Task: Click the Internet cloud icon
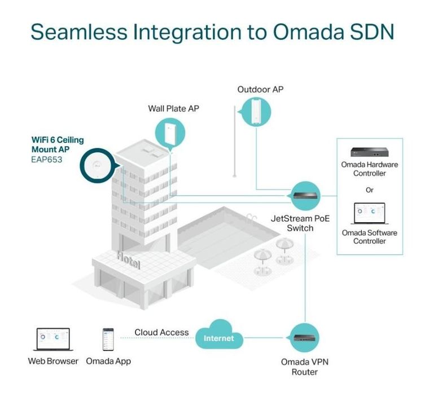click(x=218, y=337)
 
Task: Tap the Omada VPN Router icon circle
click(x=305, y=338)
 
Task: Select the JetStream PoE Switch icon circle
click(x=305, y=196)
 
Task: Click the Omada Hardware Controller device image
click(x=369, y=153)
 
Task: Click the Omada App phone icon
click(x=108, y=339)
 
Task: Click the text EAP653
click(x=47, y=160)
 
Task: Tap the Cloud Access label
click(x=161, y=332)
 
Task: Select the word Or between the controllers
click(x=369, y=190)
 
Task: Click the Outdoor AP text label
click(x=260, y=90)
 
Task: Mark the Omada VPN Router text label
click(x=304, y=367)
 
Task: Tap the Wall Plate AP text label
click(x=173, y=108)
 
